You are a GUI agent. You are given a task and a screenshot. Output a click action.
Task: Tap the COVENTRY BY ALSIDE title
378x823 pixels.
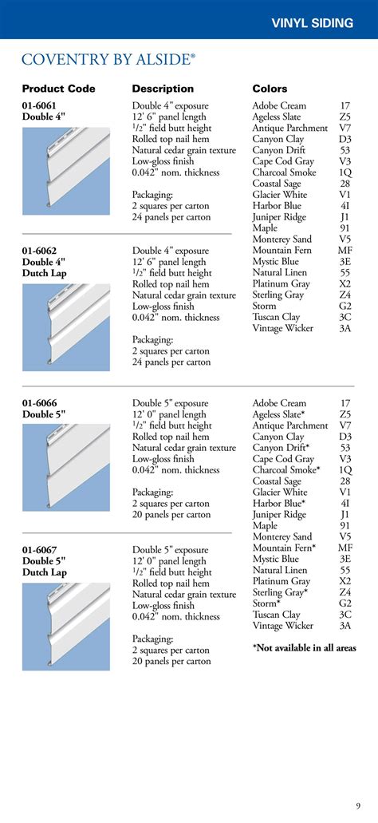tap(108, 59)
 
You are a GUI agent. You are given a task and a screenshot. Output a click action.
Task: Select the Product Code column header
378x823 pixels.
tap(58, 89)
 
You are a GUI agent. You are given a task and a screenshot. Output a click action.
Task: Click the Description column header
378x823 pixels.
tap(163, 89)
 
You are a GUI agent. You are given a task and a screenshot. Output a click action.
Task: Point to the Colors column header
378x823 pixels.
tap(270, 89)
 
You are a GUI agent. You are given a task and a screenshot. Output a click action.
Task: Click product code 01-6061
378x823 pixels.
tap(39, 105)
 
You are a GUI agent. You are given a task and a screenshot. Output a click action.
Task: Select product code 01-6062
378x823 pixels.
tap(39, 251)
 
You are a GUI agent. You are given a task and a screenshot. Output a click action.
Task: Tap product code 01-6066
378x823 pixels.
tap(39, 403)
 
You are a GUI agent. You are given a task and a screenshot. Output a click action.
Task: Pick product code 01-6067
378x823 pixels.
tap(39, 550)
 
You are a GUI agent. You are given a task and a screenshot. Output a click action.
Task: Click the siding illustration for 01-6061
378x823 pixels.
tap(66, 171)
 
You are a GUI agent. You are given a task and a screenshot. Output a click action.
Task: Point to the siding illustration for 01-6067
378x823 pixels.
tap(66, 626)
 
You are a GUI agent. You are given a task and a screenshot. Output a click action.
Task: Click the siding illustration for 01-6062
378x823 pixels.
tap(66, 327)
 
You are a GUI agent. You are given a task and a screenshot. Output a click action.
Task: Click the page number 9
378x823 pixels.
tap(358, 804)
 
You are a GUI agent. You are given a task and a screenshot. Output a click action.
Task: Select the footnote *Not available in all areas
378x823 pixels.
tap(304, 647)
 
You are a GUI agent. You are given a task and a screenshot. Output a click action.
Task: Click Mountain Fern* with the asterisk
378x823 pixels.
tap(284, 548)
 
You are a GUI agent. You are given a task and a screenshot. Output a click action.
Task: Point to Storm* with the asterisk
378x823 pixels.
tap(267, 603)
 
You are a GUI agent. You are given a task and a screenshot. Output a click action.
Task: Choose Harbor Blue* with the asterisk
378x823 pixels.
tap(279, 504)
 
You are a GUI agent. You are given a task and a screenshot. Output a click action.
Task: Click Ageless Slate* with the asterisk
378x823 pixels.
tap(279, 414)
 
